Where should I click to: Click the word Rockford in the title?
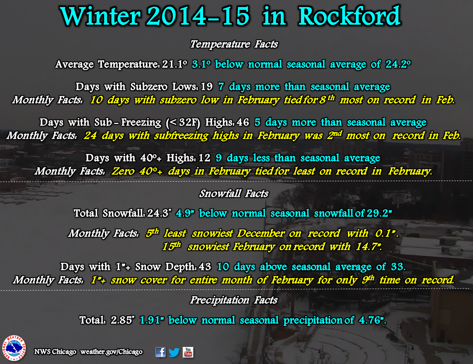pyautogui.click(x=349, y=16)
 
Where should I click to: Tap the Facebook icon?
pyautogui.click(x=160, y=352)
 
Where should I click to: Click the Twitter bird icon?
pyautogui.click(x=174, y=352)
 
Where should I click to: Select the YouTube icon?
pyautogui.click(x=188, y=352)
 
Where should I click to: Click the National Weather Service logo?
pyautogui.click(x=14, y=348)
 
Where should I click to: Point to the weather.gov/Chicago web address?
pyautogui.click(x=111, y=352)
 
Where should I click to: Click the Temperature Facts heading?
pyautogui.click(x=234, y=44)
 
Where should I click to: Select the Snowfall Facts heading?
pyautogui.click(x=234, y=193)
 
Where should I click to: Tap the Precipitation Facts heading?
pyautogui.click(x=234, y=300)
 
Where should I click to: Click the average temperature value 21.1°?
pyautogui.click(x=175, y=64)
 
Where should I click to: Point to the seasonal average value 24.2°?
pyautogui.click(x=398, y=64)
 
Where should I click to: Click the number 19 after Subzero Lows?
pyautogui.click(x=206, y=87)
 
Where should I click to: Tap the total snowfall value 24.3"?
pyautogui.click(x=159, y=213)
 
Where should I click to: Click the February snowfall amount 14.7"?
pyautogui.click(x=369, y=247)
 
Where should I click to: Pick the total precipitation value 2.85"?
pyautogui.click(x=122, y=320)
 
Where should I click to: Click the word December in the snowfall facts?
pyautogui.click(x=261, y=234)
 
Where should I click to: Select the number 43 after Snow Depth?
pyautogui.click(x=205, y=267)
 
